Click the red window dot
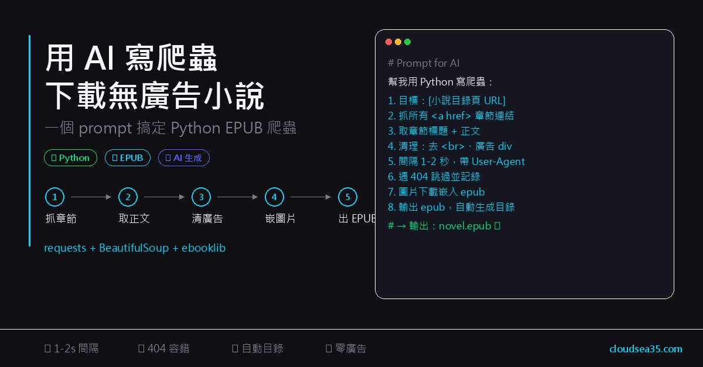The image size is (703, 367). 388,42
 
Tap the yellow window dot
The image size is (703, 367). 398,42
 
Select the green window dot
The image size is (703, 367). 407,42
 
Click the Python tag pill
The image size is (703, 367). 70,157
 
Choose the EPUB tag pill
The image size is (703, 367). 128,157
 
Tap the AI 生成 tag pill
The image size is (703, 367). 183,157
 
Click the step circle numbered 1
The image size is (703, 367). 54,197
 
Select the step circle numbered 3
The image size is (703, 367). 201,197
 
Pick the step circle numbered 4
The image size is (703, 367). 274,197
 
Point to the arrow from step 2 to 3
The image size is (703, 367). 164,197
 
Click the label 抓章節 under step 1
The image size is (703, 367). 61,219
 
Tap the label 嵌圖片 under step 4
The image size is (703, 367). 280,219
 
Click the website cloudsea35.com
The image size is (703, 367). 646,349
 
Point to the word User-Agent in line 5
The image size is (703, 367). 498,161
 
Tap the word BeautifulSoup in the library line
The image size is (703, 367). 134,248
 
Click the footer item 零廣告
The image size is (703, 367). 350,349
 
